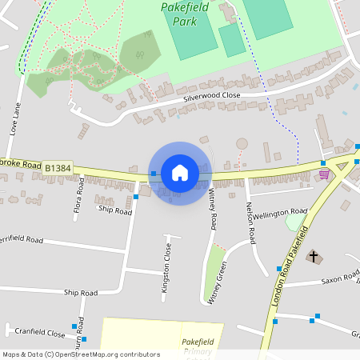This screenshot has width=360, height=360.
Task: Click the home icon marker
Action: [180, 173]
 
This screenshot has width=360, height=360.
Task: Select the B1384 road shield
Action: [58, 168]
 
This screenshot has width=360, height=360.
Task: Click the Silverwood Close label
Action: [211, 95]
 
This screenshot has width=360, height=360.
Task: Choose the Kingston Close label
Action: [167, 268]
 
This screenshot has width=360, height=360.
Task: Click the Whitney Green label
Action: [217, 281]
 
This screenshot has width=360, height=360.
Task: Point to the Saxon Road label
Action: [341, 279]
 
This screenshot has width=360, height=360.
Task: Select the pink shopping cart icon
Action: [324, 174]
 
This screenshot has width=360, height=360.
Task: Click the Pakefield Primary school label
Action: [197, 346]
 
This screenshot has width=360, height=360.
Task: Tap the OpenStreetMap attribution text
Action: [80, 354]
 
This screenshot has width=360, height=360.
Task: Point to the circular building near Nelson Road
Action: [242, 143]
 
